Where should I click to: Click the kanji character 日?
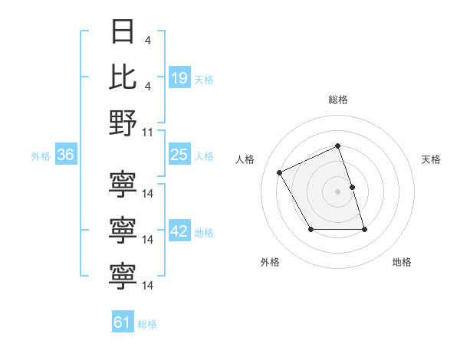123,32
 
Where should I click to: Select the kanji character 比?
123,77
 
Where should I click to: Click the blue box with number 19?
179,78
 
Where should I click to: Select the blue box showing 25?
179,155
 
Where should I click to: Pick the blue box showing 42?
179,232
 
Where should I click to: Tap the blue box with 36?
65,155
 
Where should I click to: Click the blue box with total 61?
123,322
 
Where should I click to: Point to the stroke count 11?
149,132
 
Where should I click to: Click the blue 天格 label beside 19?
204,79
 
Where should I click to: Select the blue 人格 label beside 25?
204,156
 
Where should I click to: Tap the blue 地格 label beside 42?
204,233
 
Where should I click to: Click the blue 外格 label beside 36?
41,156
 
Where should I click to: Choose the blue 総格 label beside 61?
147,323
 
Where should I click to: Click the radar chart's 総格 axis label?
338,100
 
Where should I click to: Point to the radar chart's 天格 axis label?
431,159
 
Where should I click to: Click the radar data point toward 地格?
364,229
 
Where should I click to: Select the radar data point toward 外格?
310,229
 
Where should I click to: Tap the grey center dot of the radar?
338,191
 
